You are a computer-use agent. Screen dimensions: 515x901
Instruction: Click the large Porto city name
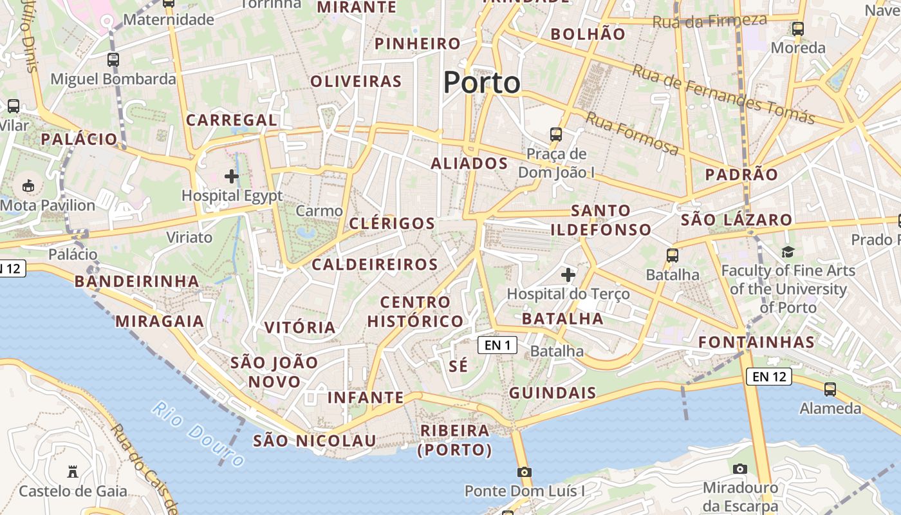click(x=482, y=82)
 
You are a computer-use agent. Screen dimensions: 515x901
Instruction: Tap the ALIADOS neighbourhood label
click(x=469, y=164)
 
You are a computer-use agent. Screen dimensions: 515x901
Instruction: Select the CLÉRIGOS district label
click(x=392, y=223)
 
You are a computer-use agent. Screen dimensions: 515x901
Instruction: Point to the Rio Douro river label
click(x=199, y=434)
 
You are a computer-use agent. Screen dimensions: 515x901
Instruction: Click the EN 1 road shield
click(x=497, y=345)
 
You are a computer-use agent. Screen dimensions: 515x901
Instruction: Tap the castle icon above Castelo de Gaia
click(x=73, y=472)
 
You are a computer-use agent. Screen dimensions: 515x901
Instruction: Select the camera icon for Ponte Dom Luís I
click(x=525, y=472)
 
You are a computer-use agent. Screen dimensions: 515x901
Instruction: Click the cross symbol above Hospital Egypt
click(x=232, y=176)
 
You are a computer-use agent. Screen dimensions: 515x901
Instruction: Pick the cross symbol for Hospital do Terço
click(x=568, y=276)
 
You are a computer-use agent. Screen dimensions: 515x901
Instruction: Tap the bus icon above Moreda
click(x=798, y=28)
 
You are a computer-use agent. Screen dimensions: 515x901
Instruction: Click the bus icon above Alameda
click(x=830, y=389)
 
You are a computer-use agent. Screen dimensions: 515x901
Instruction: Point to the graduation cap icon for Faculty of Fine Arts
click(x=788, y=252)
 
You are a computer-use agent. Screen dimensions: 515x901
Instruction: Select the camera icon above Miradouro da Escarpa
click(x=740, y=469)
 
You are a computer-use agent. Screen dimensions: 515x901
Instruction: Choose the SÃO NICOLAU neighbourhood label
click(x=314, y=441)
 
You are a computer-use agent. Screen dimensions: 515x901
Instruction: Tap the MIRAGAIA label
click(x=160, y=321)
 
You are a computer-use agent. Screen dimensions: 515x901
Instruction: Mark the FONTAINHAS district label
click(x=756, y=342)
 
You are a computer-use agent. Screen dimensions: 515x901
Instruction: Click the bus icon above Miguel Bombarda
click(x=113, y=60)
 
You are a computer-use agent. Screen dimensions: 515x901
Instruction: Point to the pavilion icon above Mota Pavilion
click(x=28, y=186)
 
